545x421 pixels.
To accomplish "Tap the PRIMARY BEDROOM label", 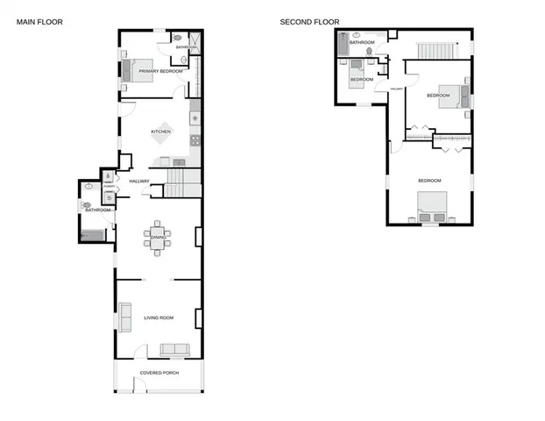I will [160, 70].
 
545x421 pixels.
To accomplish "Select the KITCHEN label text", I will [160, 132].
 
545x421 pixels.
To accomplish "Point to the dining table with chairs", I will [158, 238].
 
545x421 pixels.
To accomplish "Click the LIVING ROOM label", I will [159, 318].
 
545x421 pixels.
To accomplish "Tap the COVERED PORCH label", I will [159, 373].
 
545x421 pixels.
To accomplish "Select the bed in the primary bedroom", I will [133, 71].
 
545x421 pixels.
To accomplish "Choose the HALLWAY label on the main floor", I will [139, 181].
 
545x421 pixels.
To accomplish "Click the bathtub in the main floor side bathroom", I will [91, 234].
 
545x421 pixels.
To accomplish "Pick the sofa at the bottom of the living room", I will [174, 349].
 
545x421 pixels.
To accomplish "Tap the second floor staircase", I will [435, 47].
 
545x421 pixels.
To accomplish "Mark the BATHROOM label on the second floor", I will [362, 42].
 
